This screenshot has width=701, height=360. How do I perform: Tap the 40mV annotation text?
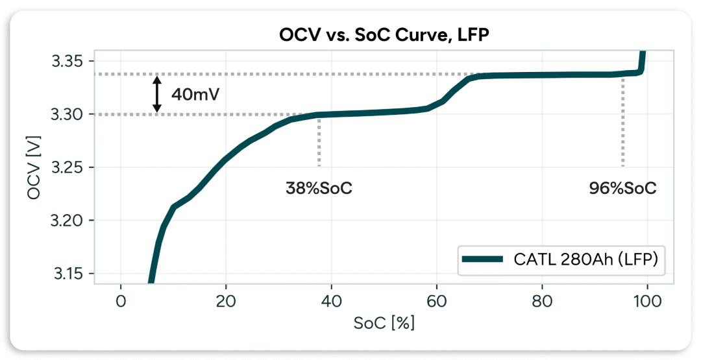(x=195, y=94)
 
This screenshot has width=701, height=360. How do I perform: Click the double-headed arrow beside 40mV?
(x=156, y=94)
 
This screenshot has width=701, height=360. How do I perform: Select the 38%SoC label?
(x=319, y=189)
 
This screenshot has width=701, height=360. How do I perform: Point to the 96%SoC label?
(x=622, y=189)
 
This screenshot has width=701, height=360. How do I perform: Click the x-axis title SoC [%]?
(x=384, y=323)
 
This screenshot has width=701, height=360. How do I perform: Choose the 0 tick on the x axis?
(x=121, y=301)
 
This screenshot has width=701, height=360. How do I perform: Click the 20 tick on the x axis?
(x=226, y=301)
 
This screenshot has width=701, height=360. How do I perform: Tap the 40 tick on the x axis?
(x=331, y=301)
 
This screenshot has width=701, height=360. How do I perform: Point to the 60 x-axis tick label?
(x=436, y=301)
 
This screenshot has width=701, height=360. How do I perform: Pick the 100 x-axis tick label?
(x=646, y=301)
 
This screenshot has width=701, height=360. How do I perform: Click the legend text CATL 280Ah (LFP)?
(x=586, y=259)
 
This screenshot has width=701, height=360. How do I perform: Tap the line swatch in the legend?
(x=482, y=259)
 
